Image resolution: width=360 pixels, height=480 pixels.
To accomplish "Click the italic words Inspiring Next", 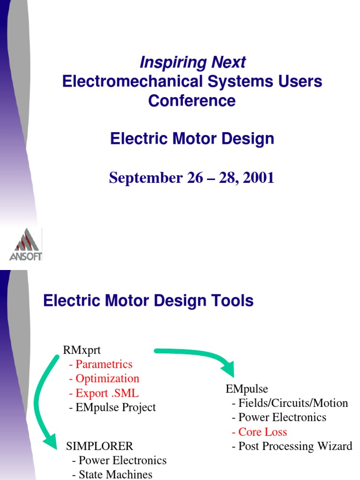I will point(192,62).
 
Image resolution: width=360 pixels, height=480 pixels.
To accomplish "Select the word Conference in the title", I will point(192,100).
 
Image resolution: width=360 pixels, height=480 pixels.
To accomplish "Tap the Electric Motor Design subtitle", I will point(192,139).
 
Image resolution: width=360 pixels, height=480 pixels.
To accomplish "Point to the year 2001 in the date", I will point(258,178).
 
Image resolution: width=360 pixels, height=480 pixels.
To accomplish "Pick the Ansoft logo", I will point(26,244).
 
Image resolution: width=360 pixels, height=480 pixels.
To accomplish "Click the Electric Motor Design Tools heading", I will point(148,300).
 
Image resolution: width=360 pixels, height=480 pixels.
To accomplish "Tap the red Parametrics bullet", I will point(100,364).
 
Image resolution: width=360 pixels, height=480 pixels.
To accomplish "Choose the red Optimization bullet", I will point(104,378).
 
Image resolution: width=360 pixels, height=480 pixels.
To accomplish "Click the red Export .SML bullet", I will point(104,393).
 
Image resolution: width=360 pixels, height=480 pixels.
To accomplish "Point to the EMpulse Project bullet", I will point(112,407).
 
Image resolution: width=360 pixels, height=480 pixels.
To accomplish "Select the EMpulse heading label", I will point(247,389).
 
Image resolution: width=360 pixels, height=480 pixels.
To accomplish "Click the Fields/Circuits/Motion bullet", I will point(290,403).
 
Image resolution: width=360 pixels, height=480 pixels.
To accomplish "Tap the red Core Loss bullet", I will point(259,432).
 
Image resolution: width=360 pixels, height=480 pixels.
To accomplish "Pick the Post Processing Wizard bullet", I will point(292,446).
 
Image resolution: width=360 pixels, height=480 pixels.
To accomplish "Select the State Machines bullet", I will point(112,474).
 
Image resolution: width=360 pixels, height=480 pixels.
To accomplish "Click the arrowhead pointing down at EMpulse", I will point(229,370).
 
